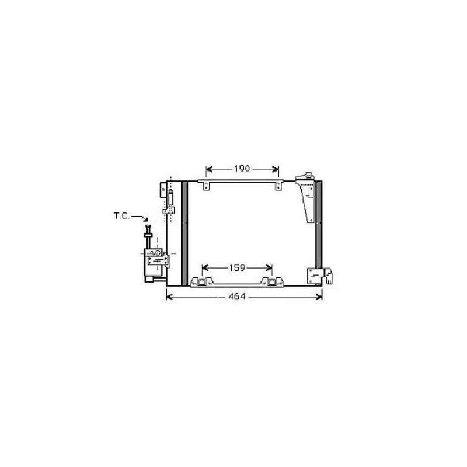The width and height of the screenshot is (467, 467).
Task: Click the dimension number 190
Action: pos(242,169)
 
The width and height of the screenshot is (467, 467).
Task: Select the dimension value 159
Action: pos(237,268)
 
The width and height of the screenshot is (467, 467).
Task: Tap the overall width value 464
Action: pos(237,297)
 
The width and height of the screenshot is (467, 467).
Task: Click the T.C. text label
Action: pos(122,216)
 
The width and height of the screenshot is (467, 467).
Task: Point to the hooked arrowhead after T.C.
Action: pos(145,219)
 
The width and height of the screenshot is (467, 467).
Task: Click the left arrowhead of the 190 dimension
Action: pos(209,169)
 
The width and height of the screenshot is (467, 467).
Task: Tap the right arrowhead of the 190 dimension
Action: pos(276,169)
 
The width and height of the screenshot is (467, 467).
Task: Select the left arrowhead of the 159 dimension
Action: pos(205,268)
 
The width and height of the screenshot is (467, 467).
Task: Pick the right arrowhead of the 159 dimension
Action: pos(269,268)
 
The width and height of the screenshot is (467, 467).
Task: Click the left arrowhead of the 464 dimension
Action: pos(169,297)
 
